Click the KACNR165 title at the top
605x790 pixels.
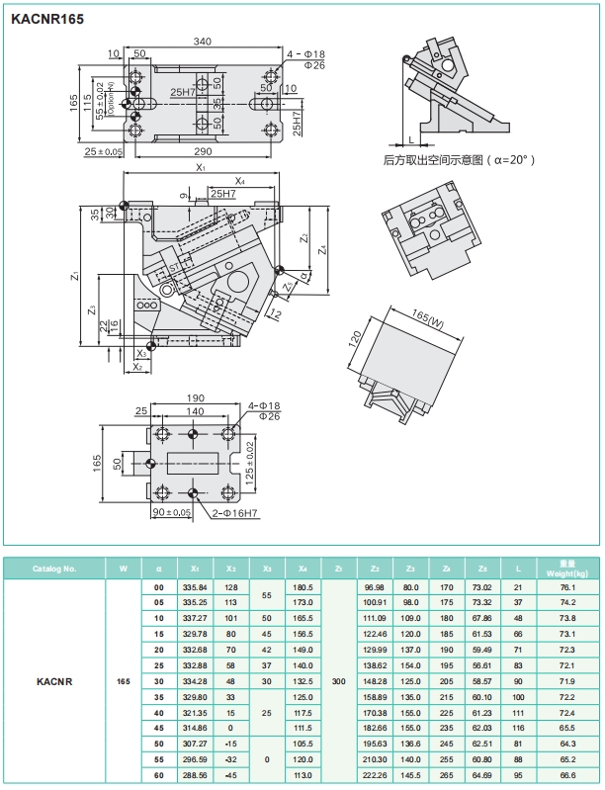47,18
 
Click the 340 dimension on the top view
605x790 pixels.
202,42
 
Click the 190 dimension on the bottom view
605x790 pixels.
196,398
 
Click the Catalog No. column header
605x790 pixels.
54,569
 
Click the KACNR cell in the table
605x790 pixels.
54,681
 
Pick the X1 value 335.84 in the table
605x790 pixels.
195,587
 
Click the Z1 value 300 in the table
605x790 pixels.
339,681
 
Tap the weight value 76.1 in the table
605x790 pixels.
566,587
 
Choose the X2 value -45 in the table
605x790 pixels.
231,775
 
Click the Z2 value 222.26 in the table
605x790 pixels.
375,775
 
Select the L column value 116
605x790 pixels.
518,728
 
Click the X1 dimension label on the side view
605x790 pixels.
200,169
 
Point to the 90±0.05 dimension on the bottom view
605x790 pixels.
170,512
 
